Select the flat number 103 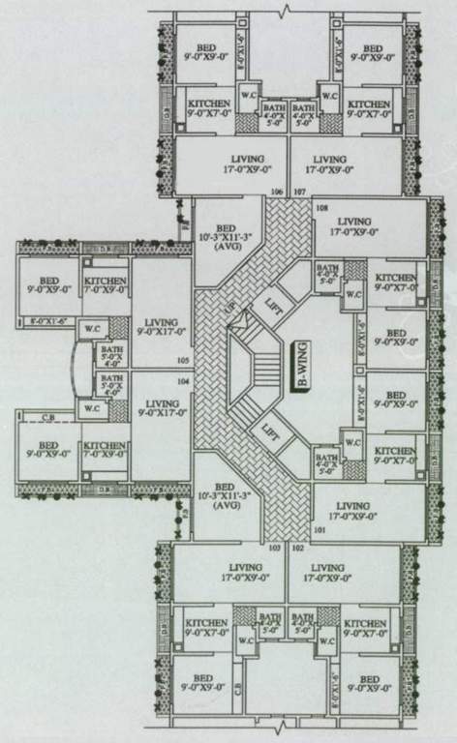274,549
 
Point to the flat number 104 183,380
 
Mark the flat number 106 278,192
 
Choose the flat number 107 299,192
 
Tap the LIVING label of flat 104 161,408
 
